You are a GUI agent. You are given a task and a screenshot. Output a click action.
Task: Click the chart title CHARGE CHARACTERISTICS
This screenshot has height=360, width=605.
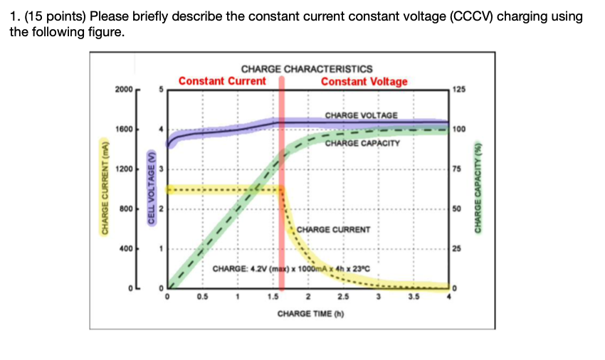[307, 69]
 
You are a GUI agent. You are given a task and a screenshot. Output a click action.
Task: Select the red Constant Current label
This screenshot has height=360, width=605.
[222, 81]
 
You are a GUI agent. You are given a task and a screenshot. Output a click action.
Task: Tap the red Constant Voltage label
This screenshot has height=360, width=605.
[364, 81]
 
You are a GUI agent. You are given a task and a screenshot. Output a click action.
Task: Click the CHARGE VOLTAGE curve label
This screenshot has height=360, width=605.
[362, 115]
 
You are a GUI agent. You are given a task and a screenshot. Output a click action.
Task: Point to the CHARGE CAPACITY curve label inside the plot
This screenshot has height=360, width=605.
[363, 143]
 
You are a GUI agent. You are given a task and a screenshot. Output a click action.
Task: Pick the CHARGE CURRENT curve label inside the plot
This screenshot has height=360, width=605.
[333, 230]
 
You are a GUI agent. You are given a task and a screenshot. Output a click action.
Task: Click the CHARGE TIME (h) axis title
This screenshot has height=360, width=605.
[307, 313]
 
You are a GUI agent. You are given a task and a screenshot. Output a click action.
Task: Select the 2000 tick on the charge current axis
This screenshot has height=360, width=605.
[123, 90]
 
